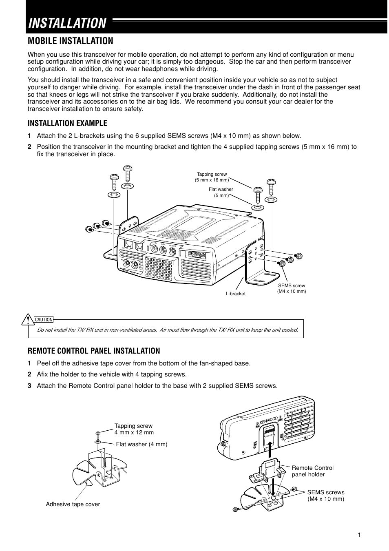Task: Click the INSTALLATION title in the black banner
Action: tap(67, 23)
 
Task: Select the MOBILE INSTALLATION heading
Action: tap(70, 41)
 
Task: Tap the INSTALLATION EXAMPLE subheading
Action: tap(67, 123)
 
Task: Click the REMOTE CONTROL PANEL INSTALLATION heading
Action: tap(94, 351)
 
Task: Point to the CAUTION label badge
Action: tap(44, 319)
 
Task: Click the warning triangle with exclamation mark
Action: tap(28, 319)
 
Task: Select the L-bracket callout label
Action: tap(236, 294)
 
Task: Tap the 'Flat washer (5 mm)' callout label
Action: tap(221, 192)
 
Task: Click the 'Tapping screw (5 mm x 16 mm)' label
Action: tap(212, 177)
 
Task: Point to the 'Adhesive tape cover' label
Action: tap(73, 504)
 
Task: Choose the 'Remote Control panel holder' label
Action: tap(312, 471)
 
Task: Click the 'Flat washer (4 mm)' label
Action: tap(141, 444)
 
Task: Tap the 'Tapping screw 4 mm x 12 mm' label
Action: tap(134, 429)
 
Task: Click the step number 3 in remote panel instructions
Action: tap(29, 385)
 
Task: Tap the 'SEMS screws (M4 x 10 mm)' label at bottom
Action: tap(325, 496)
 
